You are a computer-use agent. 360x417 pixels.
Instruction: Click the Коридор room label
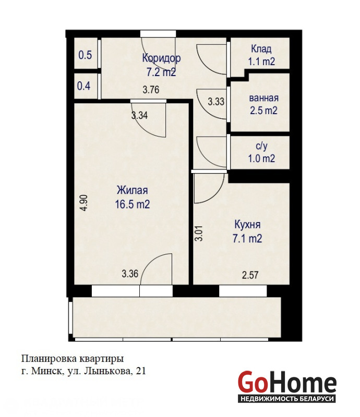[x=161, y=58]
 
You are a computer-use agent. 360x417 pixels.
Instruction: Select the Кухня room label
[x=247, y=225]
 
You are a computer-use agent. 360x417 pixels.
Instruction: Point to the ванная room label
[x=263, y=98]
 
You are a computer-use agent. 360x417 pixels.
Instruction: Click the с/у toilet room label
[x=261, y=146]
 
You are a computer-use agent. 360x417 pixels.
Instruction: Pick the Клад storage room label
[x=261, y=48]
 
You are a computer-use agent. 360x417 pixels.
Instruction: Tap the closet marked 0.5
[x=85, y=55]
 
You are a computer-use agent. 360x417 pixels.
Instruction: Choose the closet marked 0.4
[x=83, y=86]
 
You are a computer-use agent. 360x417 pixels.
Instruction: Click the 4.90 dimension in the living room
[x=84, y=203]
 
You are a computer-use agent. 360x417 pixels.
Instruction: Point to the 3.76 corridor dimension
[x=151, y=90]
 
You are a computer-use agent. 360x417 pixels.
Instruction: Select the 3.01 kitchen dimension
[x=199, y=234]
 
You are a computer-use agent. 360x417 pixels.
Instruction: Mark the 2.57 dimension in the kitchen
[x=250, y=275]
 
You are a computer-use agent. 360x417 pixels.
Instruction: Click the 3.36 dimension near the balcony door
[x=130, y=273]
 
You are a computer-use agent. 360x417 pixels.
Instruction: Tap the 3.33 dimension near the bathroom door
[x=216, y=101]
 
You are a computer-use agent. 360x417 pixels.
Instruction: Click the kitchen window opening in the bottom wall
[x=243, y=291]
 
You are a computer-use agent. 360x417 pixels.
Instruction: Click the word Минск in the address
[x=47, y=371]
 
